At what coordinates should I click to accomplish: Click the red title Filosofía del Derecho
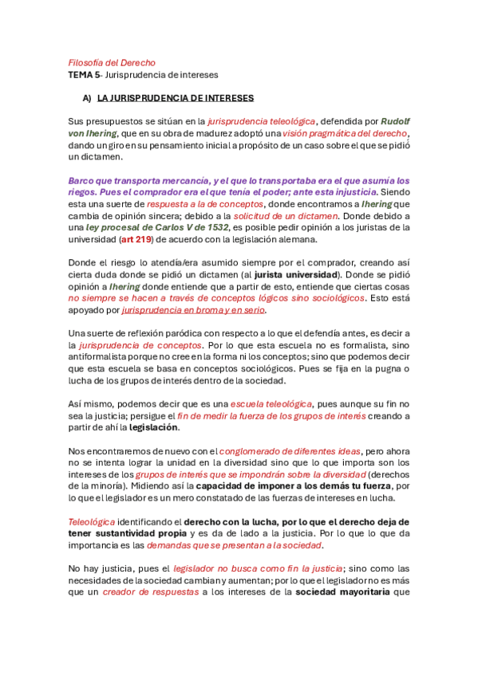coord(112,62)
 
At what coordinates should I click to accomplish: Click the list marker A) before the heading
coord(87,98)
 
